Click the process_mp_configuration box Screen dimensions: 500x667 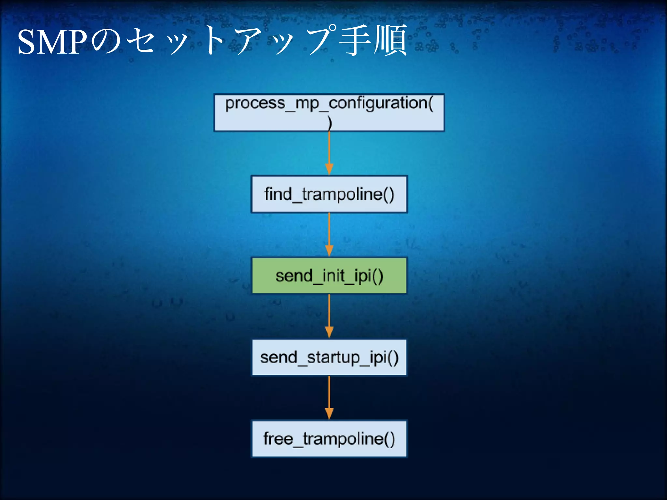[329, 112]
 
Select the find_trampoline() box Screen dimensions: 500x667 [329, 194]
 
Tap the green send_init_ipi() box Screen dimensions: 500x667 [329, 276]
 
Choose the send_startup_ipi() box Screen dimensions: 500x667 [329, 357]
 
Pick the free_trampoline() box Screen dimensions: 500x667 [329, 439]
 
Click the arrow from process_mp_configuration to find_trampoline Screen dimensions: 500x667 [329, 151]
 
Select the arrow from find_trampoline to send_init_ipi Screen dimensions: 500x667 [329, 233]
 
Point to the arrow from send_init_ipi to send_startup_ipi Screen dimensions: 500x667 [329, 314]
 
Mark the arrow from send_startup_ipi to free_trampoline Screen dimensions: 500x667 [329, 396]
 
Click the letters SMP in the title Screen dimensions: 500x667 [52, 42]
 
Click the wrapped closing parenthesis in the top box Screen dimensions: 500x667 [330, 123]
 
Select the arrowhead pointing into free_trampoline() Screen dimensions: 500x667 [329, 413]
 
